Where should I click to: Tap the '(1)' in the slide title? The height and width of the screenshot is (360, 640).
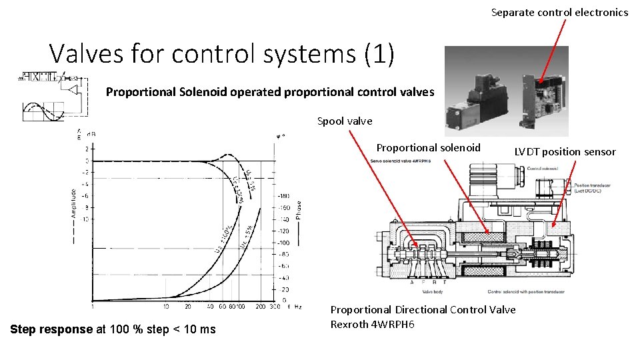pyautogui.click(x=379, y=53)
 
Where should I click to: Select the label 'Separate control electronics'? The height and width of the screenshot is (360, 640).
pyautogui.click(x=559, y=12)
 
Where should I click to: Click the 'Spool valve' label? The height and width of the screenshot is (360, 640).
pyautogui.click(x=345, y=121)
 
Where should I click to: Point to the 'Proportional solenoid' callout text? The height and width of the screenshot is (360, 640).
pyautogui.click(x=428, y=147)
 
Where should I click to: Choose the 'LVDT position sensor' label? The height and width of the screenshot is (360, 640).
pyautogui.click(x=565, y=151)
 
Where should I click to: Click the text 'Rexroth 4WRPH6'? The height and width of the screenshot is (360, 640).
pyautogui.click(x=372, y=324)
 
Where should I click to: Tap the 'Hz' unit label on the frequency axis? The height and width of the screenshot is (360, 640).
pyautogui.click(x=298, y=307)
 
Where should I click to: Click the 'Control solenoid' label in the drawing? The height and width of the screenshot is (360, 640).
pyautogui.click(x=541, y=169)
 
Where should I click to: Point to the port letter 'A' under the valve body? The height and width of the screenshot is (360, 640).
pyautogui.click(x=412, y=282)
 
